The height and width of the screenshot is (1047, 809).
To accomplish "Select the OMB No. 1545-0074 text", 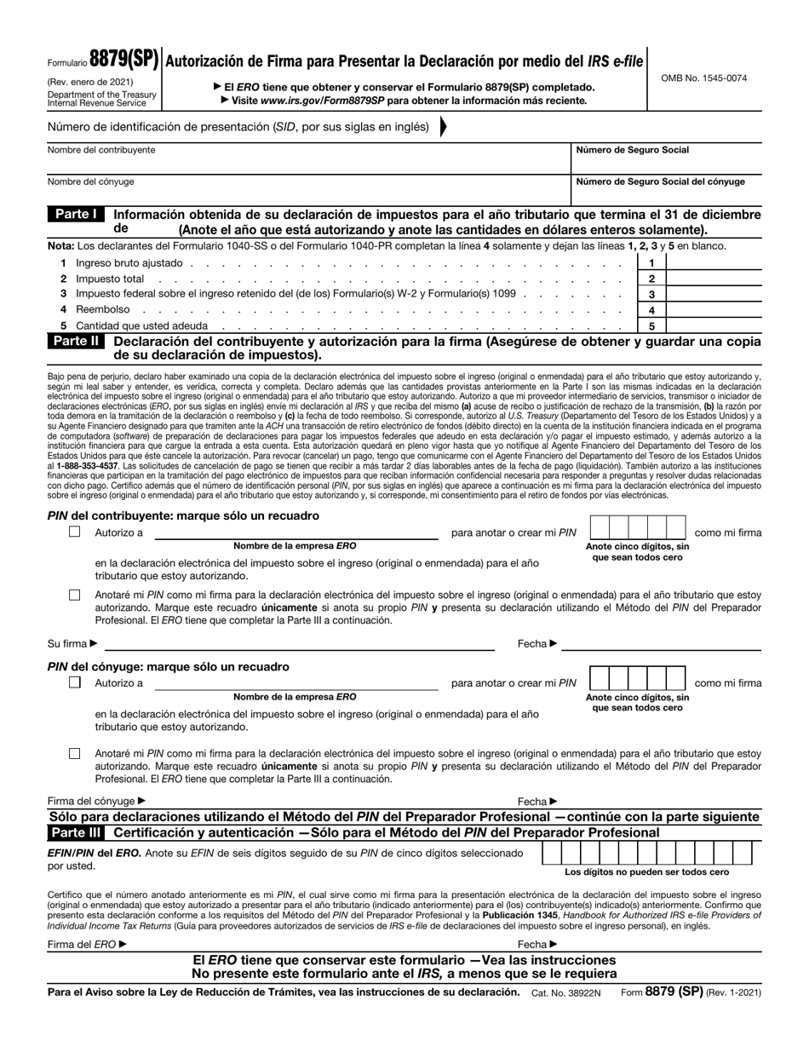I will (x=703, y=78).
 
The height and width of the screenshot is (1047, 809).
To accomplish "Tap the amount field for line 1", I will (x=714, y=264).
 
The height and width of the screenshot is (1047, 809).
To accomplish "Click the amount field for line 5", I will (x=714, y=326).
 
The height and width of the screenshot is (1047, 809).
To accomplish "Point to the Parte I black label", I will (x=76, y=215).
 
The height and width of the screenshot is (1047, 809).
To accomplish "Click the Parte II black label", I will (x=77, y=341).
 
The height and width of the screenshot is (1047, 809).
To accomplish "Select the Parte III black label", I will (x=77, y=832).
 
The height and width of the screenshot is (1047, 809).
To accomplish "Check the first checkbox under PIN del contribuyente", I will (x=75, y=532).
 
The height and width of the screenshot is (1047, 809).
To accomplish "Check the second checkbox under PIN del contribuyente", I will (x=75, y=595).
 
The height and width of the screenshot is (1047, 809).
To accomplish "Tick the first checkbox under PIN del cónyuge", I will (x=75, y=682).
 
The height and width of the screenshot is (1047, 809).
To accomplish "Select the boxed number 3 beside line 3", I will (x=651, y=295).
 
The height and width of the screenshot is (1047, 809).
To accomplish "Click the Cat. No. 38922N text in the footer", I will (x=566, y=992).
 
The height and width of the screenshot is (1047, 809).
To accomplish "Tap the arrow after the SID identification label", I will (x=443, y=127).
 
